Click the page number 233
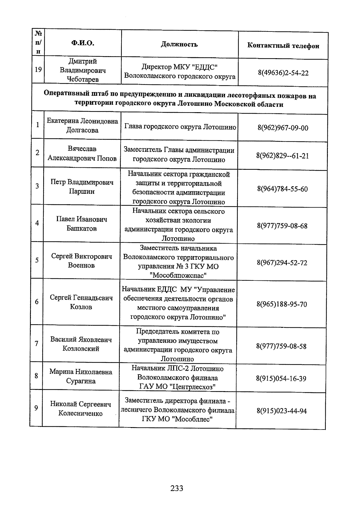point(177,488)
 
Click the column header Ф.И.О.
point(83,43)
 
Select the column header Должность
point(179,44)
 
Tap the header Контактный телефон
point(283,46)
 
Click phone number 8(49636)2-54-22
point(283,73)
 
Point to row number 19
point(38,70)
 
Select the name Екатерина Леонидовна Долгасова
point(82,125)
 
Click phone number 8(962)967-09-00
point(283,128)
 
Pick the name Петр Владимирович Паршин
point(82,187)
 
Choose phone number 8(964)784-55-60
point(282,189)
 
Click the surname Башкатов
point(82,229)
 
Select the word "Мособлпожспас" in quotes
point(178,275)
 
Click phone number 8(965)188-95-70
point(282,304)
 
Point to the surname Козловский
point(81,349)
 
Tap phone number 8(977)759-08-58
point(281,346)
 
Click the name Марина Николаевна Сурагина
point(81,376)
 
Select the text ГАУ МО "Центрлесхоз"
point(178,387)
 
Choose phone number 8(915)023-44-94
point(281,411)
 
